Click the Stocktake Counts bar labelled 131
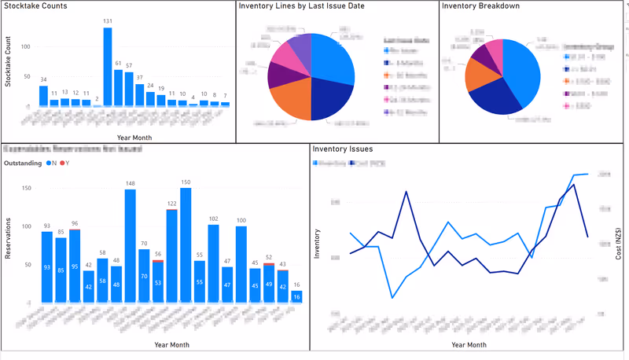click(x=108, y=67)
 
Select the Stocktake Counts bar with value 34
click(x=43, y=96)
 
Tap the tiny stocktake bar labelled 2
click(x=97, y=105)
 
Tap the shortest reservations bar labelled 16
click(x=296, y=296)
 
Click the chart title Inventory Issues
click(x=342, y=149)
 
